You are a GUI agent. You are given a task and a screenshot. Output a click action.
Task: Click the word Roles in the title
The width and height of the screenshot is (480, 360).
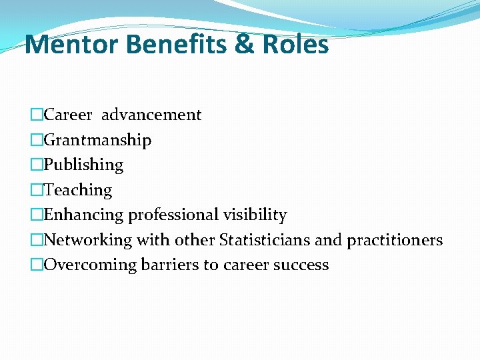point(295,45)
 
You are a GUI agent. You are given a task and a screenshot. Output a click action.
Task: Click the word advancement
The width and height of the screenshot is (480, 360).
point(151,115)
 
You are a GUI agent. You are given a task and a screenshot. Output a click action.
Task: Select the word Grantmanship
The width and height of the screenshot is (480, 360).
point(97,140)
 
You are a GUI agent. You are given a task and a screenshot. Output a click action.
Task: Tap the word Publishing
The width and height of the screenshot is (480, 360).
point(83,165)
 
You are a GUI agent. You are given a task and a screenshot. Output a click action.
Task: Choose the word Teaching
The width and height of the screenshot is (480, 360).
point(78,190)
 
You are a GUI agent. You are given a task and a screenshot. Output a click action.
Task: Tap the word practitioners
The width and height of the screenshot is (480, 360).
point(395,240)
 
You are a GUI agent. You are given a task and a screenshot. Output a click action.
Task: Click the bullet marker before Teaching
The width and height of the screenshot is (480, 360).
point(37,190)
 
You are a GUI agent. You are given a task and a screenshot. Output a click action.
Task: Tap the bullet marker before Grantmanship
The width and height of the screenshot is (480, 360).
point(37,140)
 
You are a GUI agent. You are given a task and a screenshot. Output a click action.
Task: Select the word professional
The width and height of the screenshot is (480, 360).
point(175,215)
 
